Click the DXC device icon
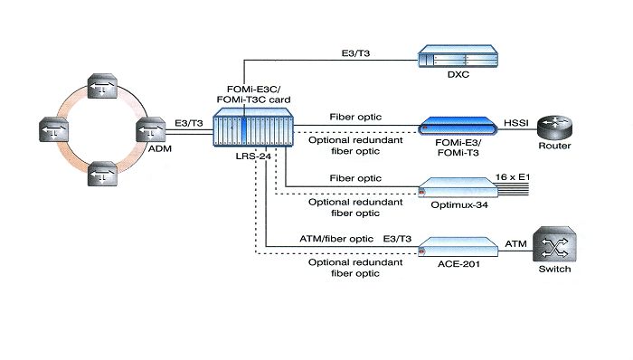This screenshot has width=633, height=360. [458, 56]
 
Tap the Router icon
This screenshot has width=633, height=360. [554, 128]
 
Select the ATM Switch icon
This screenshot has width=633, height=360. [554, 244]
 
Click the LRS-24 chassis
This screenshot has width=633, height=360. [253, 127]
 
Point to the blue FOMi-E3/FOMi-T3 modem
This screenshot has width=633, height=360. [458, 126]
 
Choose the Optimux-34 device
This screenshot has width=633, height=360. [458, 187]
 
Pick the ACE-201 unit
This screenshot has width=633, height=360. [458, 247]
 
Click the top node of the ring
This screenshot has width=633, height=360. [102, 86]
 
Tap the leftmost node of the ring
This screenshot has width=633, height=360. [53, 129]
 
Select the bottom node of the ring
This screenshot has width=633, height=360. [102, 174]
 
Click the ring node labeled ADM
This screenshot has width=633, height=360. [151, 129]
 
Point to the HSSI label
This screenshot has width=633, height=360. [516, 123]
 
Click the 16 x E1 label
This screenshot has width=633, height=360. [513, 176]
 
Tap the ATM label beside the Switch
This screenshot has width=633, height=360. [515, 243]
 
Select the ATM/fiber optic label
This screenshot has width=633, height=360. [336, 239]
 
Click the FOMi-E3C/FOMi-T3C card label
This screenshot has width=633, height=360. [253, 94]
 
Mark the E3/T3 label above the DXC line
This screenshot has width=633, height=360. [355, 53]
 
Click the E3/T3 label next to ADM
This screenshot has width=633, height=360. [189, 123]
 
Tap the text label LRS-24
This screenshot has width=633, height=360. [253, 156]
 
